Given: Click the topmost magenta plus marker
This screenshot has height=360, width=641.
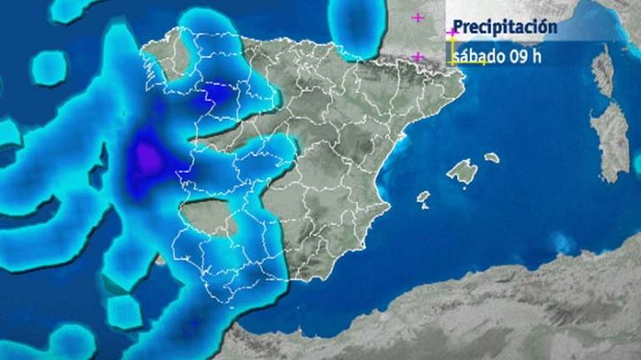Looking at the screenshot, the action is pyautogui.click(x=418, y=17).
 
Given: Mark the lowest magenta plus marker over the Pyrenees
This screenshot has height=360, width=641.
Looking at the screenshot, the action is pyautogui.click(x=417, y=57).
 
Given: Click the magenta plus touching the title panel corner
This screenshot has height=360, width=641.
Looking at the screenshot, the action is pyautogui.click(x=451, y=32).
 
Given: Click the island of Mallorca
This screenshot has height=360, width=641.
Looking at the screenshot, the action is pyautogui.click(x=462, y=171).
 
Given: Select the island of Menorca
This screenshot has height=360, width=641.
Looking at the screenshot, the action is pyautogui.click(x=492, y=157).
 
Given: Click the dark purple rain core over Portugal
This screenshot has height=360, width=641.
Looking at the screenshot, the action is pyautogui.click(x=148, y=160).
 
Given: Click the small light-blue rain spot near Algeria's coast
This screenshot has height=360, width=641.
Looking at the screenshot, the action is pyautogui.click(x=563, y=242).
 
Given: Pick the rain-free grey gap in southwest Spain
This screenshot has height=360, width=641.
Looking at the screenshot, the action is pyautogui.click(x=209, y=216).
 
